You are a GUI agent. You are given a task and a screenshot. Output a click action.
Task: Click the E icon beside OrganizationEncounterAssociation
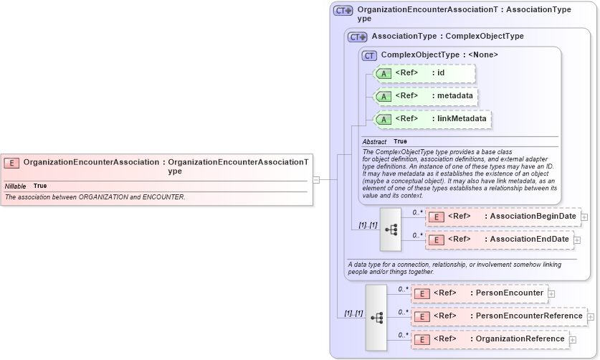pos(11,163)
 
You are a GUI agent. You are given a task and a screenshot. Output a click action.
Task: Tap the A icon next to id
pos(384,73)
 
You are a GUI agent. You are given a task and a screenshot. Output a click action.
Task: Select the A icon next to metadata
pos(384,96)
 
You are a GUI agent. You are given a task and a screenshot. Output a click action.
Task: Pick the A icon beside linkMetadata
pos(384,119)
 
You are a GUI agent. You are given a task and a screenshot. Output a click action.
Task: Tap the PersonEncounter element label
pos(507,293)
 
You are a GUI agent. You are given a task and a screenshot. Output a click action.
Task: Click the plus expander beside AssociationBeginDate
pos(585,217)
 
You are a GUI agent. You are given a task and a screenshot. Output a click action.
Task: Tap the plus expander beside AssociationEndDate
pos(578,240)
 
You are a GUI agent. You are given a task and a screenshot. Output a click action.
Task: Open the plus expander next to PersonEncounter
pos(551,293)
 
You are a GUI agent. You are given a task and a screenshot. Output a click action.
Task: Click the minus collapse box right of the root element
pos(316,180)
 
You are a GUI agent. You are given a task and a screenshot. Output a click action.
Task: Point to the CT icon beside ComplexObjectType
pos(369,55)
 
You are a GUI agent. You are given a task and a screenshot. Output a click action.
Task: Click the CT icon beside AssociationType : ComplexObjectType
pos(357,37)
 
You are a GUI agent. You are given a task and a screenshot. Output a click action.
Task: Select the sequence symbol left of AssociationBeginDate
pos(391,229)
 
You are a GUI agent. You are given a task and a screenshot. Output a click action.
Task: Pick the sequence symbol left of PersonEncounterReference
pos(376,317)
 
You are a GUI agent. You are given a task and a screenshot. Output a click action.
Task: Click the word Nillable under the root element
pos(16,186)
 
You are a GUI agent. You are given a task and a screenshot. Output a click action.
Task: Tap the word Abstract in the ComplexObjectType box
pos(374,142)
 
